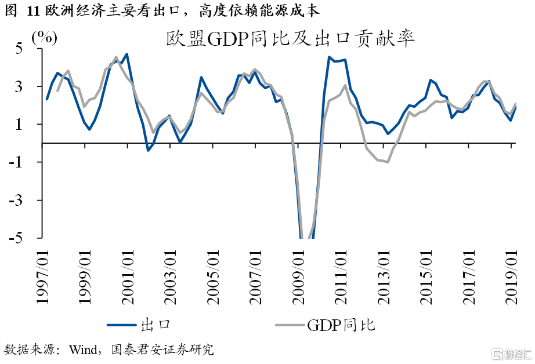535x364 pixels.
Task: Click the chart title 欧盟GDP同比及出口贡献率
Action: click(x=289, y=40)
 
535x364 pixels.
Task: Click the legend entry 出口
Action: click(x=154, y=325)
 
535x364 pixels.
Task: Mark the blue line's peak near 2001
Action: click(x=126, y=54)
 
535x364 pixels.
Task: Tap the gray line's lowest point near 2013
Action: click(x=388, y=162)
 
